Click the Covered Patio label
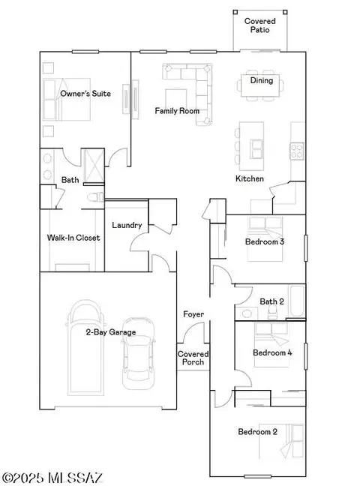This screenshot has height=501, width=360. coord(260,25)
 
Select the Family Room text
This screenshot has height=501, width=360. coord(176,111)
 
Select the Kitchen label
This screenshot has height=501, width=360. coord(249,178)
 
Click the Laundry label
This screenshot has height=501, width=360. coord(127,225)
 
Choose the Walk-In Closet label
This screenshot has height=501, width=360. coord(73,238)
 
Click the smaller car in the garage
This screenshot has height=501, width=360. coord(139,360)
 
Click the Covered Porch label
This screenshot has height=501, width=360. coord(193,358)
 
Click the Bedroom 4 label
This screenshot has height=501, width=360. coord(272,352)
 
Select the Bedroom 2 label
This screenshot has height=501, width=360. coord(258,432)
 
